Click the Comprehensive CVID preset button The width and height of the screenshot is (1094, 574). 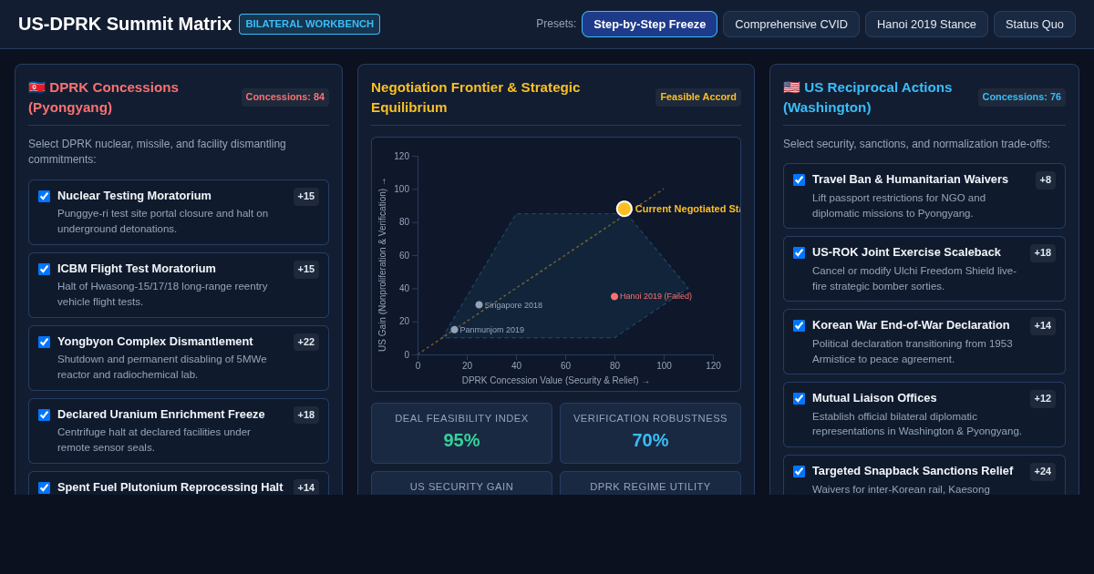point(790,25)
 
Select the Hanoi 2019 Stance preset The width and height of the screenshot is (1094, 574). point(926,25)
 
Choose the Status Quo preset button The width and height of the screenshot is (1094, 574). point(1035,25)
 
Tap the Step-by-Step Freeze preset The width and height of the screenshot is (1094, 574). point(649,25)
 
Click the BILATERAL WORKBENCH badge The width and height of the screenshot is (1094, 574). point(310,24)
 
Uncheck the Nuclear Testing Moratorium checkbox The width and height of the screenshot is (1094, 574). point(45,196)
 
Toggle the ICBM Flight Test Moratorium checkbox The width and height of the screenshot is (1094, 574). point(45,269)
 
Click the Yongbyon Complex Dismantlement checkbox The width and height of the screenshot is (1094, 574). point(45,342)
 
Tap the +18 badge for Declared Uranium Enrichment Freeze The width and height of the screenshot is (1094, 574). point(306,415)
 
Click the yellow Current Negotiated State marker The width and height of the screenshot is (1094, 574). point(624,209)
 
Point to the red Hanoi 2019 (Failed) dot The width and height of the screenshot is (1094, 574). point(614,296)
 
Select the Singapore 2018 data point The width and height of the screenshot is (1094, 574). point(480,304)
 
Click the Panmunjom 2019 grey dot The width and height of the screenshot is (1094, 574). point(454,330)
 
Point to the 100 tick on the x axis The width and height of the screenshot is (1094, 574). point(665,365)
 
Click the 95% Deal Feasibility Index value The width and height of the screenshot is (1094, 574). point(461,440)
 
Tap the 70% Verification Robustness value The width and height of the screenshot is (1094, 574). point(650,440)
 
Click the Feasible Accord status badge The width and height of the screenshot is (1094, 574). point(698,97)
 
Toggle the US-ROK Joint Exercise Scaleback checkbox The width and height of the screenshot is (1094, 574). point(799,252)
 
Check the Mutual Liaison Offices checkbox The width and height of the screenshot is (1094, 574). point(799,398)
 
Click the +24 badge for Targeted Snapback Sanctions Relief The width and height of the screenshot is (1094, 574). point(1043,472)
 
